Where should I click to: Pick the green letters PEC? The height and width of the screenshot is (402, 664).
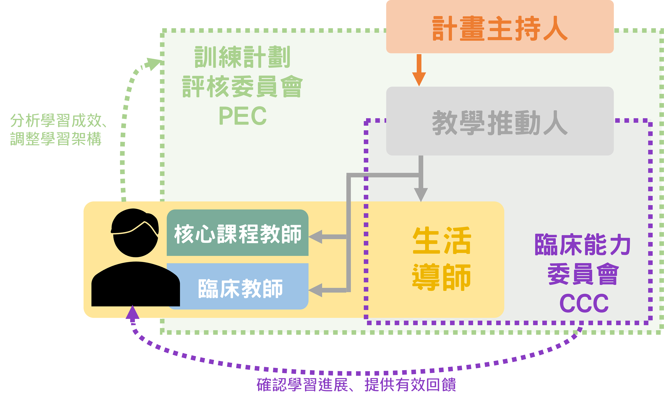click(243, 116)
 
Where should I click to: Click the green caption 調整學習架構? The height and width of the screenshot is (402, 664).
click(56, 139)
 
